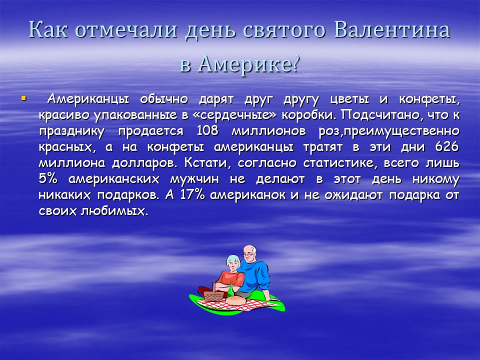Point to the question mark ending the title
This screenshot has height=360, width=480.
coord(295,64)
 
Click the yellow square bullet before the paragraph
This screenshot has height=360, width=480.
coord(23,98)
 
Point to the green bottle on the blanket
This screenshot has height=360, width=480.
coord(231,288)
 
